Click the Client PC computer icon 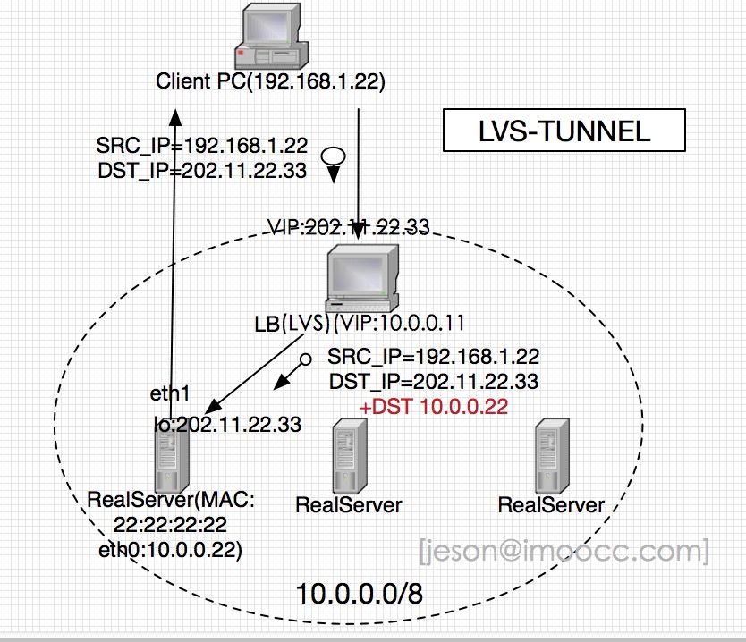272,36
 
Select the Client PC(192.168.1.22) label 270,81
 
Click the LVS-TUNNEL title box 564,131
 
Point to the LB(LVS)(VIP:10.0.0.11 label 360,324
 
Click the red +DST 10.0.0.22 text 434,407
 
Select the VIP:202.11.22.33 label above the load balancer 349,227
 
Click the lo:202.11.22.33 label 227,424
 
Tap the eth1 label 170,393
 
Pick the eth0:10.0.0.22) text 170,550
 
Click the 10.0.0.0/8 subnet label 360,594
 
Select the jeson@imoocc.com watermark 564,551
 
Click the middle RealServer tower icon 350,456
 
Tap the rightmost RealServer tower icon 552,456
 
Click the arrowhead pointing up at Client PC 175,117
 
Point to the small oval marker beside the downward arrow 334,156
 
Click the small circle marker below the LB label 305,359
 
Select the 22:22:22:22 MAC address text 170,525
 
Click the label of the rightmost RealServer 551,505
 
